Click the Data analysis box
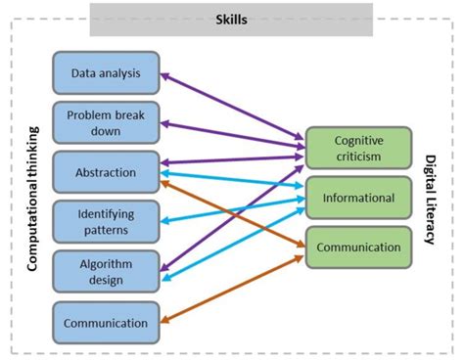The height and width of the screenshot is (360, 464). [x=106, y=72]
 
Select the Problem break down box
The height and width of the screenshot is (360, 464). [x=106, y=122]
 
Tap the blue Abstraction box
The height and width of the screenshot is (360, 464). [x=106, y=172]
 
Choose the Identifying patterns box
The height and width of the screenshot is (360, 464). [x=106, y=222]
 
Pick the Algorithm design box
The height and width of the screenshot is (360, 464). [x=106, y=272]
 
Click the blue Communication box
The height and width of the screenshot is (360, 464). [x=106, y=322]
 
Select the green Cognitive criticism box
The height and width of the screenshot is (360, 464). [x=357, y=149]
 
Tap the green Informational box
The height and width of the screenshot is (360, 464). [x=357, y=199]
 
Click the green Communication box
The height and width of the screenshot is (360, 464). [x=357, y=247]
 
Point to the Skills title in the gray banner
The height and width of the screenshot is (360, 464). [x=231, y=19]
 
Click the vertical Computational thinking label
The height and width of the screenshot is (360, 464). [x=31, y=196]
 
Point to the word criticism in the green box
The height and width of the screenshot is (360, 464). [x=357, y=157]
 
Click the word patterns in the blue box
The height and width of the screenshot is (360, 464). [x=106, y=231]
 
